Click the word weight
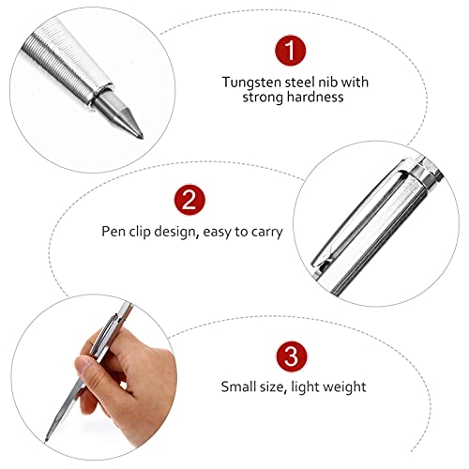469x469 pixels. click(x=345, y=386)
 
